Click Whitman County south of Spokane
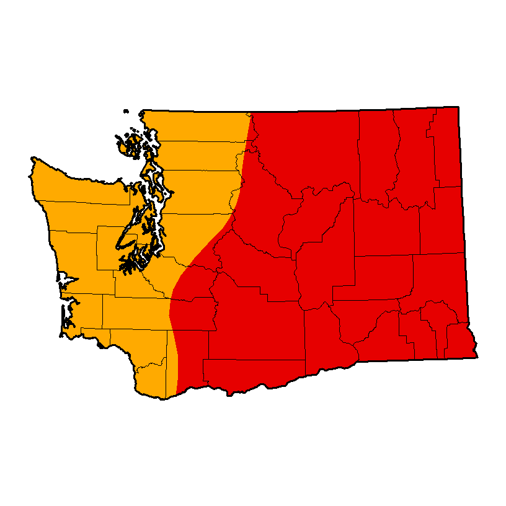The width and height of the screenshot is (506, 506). (x=437, y=279)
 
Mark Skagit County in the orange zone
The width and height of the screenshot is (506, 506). (x=198, y=155)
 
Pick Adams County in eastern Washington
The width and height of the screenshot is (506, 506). (x=378, y=273)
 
